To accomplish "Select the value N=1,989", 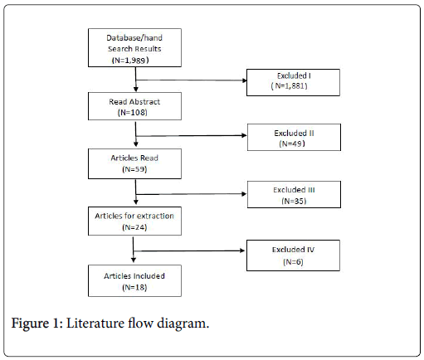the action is [x=130, y=60].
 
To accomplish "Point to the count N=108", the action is [x=133, y=113].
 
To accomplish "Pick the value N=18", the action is [x=134, y=287].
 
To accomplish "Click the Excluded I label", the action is [x=294, y=75].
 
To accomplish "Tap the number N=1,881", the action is [x=290, y=86].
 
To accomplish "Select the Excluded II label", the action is [x=294, y=134].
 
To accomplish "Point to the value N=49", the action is [x=292, y=144].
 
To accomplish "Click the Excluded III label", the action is [x=294, y=190].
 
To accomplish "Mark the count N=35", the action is [x=294, y=201].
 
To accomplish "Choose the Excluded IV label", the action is [x=293, y=250].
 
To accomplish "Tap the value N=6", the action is [x=293, y=261].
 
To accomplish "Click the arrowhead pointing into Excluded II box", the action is [x=244, y=135].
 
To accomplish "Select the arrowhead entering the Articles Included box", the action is [x=134, y=260].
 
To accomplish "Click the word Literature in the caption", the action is [x=95, y=324].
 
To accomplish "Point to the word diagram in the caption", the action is [x=183, y=324].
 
